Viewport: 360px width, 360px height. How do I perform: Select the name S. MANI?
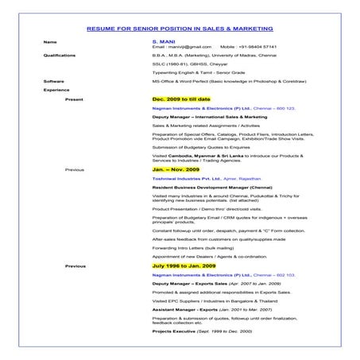point(162,41)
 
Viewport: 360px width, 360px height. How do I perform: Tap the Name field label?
point(51,41)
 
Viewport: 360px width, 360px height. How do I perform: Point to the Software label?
point(54,81)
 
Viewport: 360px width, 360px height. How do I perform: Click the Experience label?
point(57,90)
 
